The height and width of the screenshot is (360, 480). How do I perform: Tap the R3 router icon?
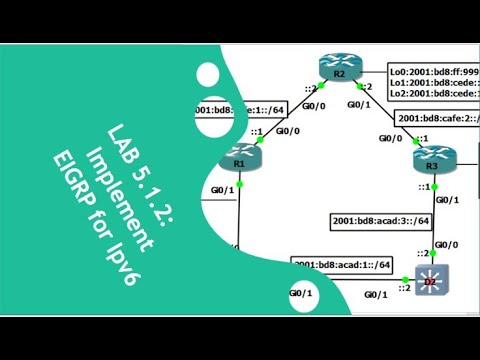[433, 160]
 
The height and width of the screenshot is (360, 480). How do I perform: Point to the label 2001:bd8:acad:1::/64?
[343, 264]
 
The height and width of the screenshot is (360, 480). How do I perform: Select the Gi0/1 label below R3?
[445, 199]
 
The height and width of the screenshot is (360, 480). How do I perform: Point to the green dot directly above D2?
[431, 253]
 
